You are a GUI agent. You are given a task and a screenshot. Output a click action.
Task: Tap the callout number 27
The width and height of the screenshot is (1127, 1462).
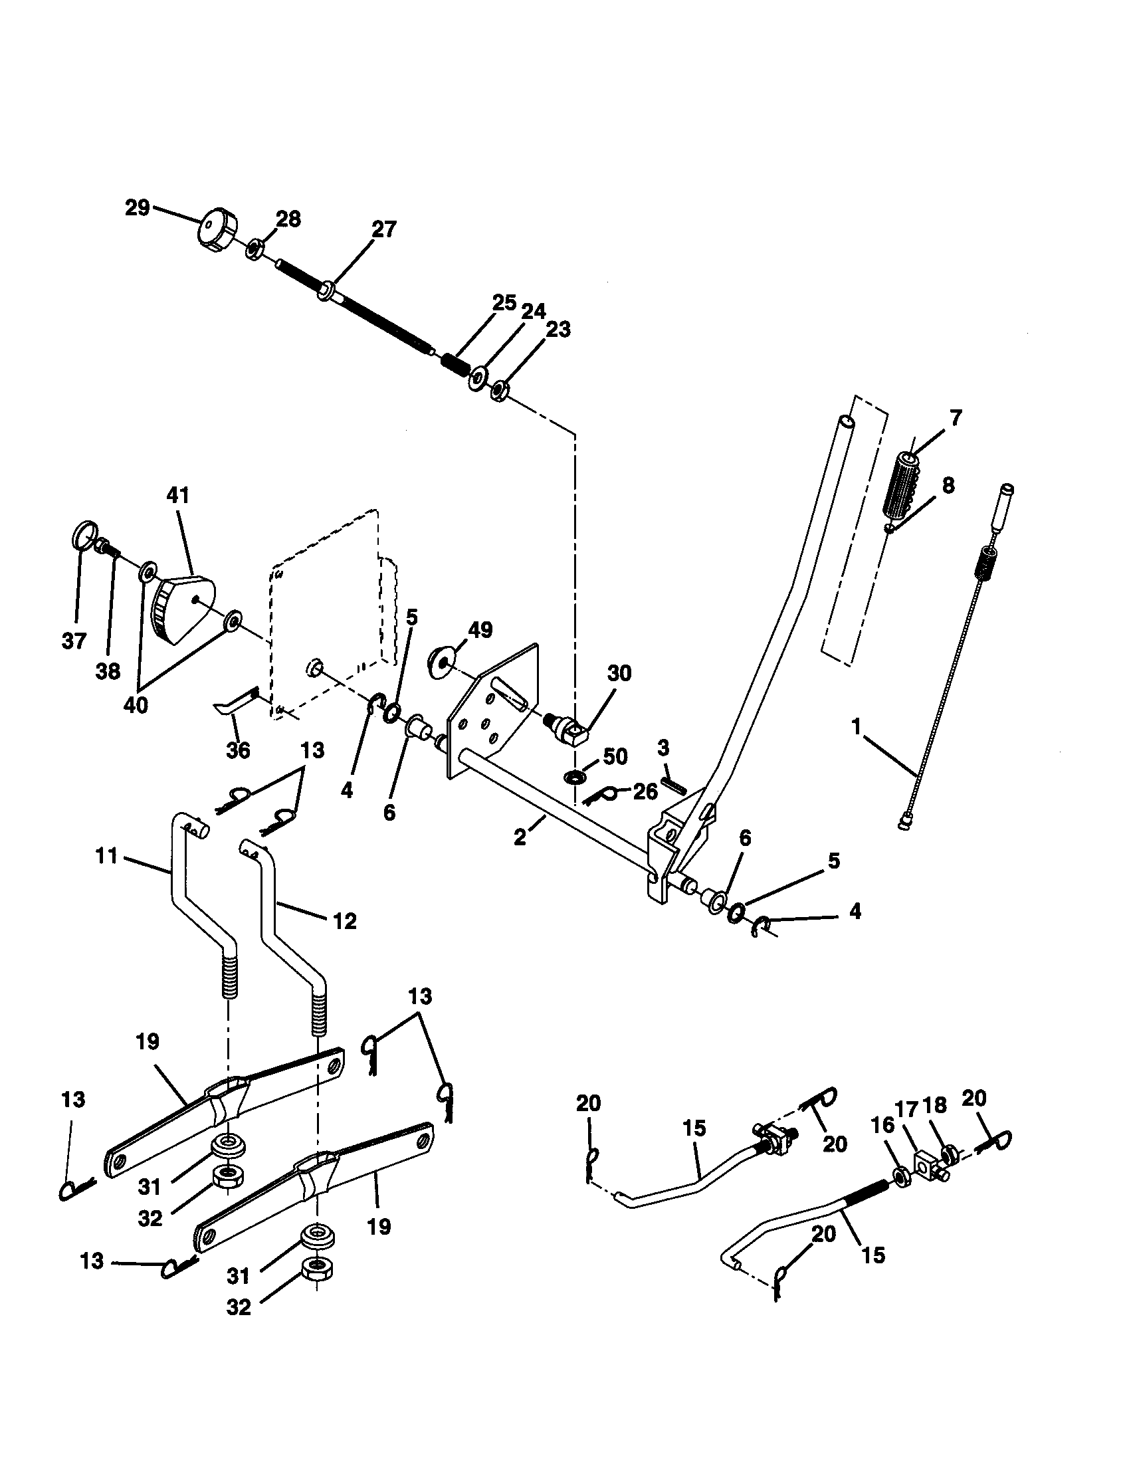point(384,230)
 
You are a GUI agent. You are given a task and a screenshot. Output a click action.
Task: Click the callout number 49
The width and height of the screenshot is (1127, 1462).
point(480,630)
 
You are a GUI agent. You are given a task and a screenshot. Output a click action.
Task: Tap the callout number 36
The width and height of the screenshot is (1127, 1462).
point(239,750)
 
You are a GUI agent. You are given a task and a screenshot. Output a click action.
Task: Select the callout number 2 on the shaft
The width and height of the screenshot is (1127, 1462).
point(520,837)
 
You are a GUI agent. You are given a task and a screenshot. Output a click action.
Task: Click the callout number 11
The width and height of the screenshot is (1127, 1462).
point(107,855)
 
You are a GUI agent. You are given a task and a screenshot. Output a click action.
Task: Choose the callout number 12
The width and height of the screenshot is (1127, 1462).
point(345,922)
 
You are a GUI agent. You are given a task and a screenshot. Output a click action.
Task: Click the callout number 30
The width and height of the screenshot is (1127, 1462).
point(619,673)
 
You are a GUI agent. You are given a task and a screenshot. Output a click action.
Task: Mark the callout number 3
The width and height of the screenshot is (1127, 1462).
point(663,747)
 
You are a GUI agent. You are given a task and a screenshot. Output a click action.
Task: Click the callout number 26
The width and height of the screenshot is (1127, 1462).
point(645,793)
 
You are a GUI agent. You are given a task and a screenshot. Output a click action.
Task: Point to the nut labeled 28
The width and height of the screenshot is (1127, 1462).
point(254,250)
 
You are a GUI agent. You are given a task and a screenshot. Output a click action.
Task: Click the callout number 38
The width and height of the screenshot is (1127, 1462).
point(108,671)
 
